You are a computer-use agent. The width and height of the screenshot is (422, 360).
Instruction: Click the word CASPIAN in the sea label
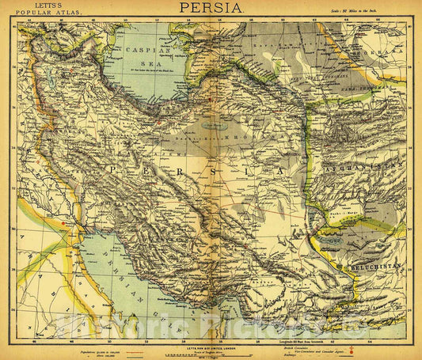pyautogui.click(x=144, y=49)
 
